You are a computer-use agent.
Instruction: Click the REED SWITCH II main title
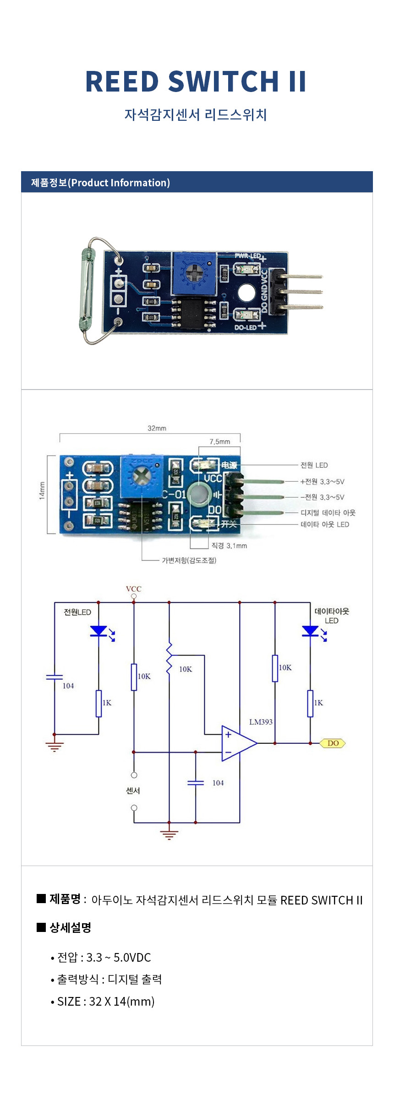(x=196, y=81)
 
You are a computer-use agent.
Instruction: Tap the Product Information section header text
(x=100, y=183)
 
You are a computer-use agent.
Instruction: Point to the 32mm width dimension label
(x=157, y=428)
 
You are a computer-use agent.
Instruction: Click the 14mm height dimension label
(x=42, y=491)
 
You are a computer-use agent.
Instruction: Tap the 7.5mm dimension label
(x=220, y=442)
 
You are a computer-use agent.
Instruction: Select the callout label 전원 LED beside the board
(x=314, y=465)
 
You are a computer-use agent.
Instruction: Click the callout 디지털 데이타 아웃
(x=328, y=513)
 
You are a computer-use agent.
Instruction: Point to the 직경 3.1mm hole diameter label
(x=229, y=546)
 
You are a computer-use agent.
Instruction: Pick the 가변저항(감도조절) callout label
(x=189, y=560)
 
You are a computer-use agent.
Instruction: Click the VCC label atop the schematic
(x=134, y=589)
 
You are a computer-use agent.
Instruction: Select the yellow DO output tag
(x=333, y=743)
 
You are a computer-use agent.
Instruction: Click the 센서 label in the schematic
(x=133, y=791)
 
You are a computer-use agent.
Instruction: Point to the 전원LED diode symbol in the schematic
(x=99, y=631)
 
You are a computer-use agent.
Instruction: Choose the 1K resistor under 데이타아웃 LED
(x=310, y=704)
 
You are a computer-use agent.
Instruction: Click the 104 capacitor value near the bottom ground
(x=218, y=783)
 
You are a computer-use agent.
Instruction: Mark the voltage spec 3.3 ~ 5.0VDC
(x=118, y=958)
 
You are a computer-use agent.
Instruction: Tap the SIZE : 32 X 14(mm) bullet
(x=105, y=1002)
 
